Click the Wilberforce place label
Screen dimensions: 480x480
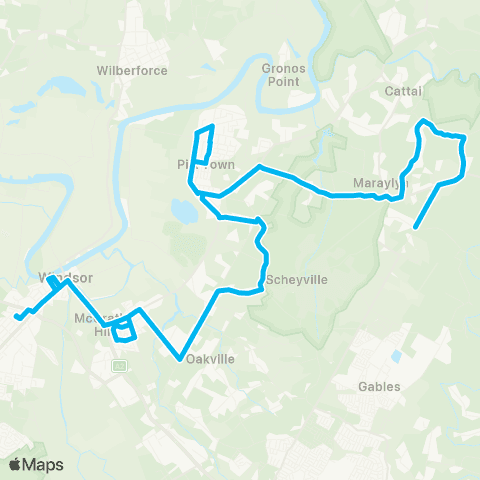(x=132, y=71)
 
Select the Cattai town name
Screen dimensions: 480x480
(x=404, y=91)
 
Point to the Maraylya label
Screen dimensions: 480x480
(x=377, y=184)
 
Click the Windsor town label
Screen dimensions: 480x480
(x=58, y=276)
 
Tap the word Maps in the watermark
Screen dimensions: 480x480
(x=44, y=464)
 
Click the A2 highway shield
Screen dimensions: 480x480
(x=119, y=366)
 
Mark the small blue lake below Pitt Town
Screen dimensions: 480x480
(x=184, y=211)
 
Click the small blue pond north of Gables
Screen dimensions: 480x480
(x=397, y=356)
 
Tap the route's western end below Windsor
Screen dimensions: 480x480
(x=16, y=319)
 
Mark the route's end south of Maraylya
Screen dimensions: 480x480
(x=414, y=228)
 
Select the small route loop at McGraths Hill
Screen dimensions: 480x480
(x=124, y=330)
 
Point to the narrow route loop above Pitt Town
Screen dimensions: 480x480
(x=204, y=144)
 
